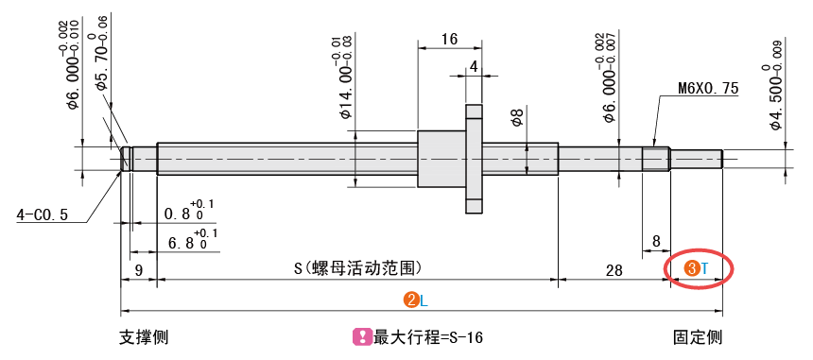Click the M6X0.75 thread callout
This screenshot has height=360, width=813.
(x=708, y=89)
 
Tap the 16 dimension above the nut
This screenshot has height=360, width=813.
(x=450, y=40)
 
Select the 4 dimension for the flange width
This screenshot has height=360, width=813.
(x=474, y=66)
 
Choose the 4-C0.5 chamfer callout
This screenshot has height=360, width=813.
(x=42, y=215)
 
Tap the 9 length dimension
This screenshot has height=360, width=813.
(x=138, y=269)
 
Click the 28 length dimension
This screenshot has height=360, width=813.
(x=614, y=270)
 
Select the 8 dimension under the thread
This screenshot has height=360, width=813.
(x=656, y=241)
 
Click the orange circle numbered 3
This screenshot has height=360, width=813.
(x=691, y=267)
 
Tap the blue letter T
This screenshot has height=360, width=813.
(x=704, y=268)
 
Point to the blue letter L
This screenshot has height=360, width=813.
(x=424, y=301)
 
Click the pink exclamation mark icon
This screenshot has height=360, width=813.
(x=359, y=337)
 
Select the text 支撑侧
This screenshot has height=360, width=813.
(x=144, y=337)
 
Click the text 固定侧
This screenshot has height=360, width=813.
(x=698, y=337)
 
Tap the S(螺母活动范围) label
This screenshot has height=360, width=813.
(x=357, y=268)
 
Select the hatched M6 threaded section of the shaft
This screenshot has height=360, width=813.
(x=656, y=159)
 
